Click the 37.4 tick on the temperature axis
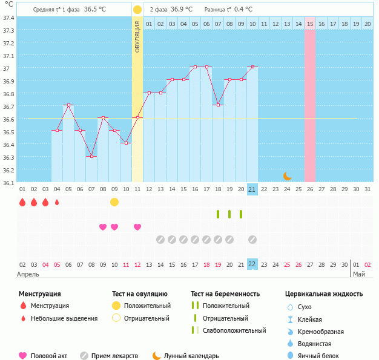click(x=8, y=18)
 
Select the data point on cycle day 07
click(x=91, y=157)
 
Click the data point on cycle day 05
click(x=68, y=105)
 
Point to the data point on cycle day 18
click(x=218, y=105)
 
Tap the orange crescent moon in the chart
click(x=288, y=176)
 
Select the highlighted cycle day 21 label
click(x=252, y=189)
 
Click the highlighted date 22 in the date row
click(x=252, y=264)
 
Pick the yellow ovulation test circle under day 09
click(x=114, y=201)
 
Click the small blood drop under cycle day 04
click(x=57, y=202)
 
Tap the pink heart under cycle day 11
click(x=137, y=227)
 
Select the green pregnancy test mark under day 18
click(x=218, y=214)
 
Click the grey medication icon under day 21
click(x=252, y=240)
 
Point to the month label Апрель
click(x=28, y=274)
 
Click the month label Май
click(x=359, y=274)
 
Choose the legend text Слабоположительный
click(x=234, y=330)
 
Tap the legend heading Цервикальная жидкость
click(x=324, y=293)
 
